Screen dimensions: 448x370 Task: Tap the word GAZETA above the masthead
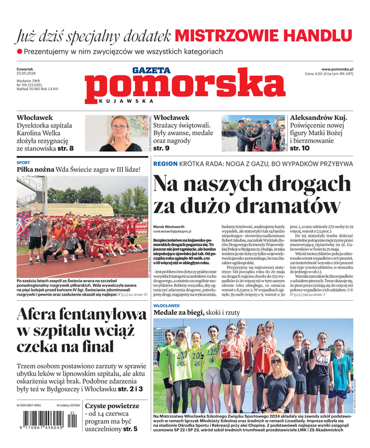click(152, 70)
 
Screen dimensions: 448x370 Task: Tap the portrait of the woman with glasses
click(119, 133)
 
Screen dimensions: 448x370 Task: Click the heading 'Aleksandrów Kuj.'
click(319, 118)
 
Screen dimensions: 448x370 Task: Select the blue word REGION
click(165, 164)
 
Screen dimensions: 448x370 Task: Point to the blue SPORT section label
click(24, 162)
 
